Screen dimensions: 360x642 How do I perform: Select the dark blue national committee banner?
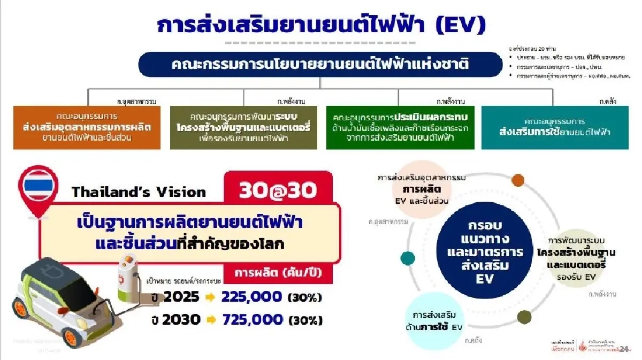click(x=320, y=65)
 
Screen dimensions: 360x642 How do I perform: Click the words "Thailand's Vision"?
click(x=139, y=192)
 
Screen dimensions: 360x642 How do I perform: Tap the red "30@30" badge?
click(x=278, y=192)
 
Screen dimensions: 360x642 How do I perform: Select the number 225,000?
click(x=251, y=297)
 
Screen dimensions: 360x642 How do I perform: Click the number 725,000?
click(x=251, y=320)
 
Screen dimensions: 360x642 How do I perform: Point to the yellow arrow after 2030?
click(x=210, y=320)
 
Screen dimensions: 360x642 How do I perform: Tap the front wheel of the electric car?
click(x=72, y=336)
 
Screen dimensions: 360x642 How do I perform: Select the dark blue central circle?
click(x=486, y=252)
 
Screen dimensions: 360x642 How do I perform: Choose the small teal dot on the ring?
click(x=408, y=258)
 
